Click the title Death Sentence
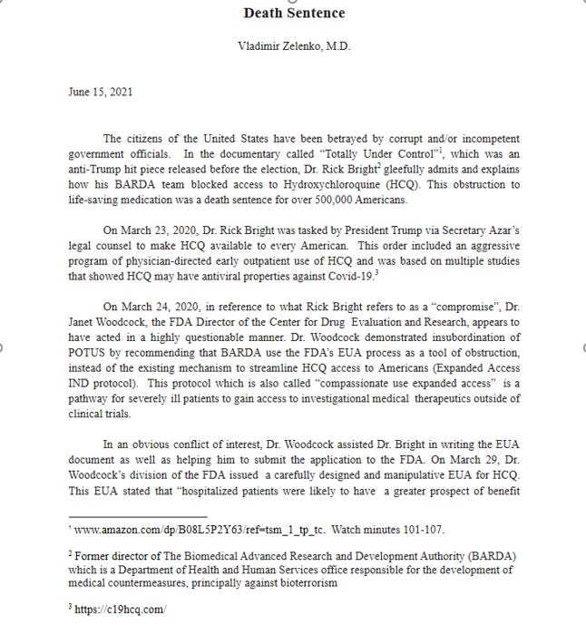294,13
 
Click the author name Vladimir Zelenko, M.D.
294,44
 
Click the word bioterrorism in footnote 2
302,583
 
